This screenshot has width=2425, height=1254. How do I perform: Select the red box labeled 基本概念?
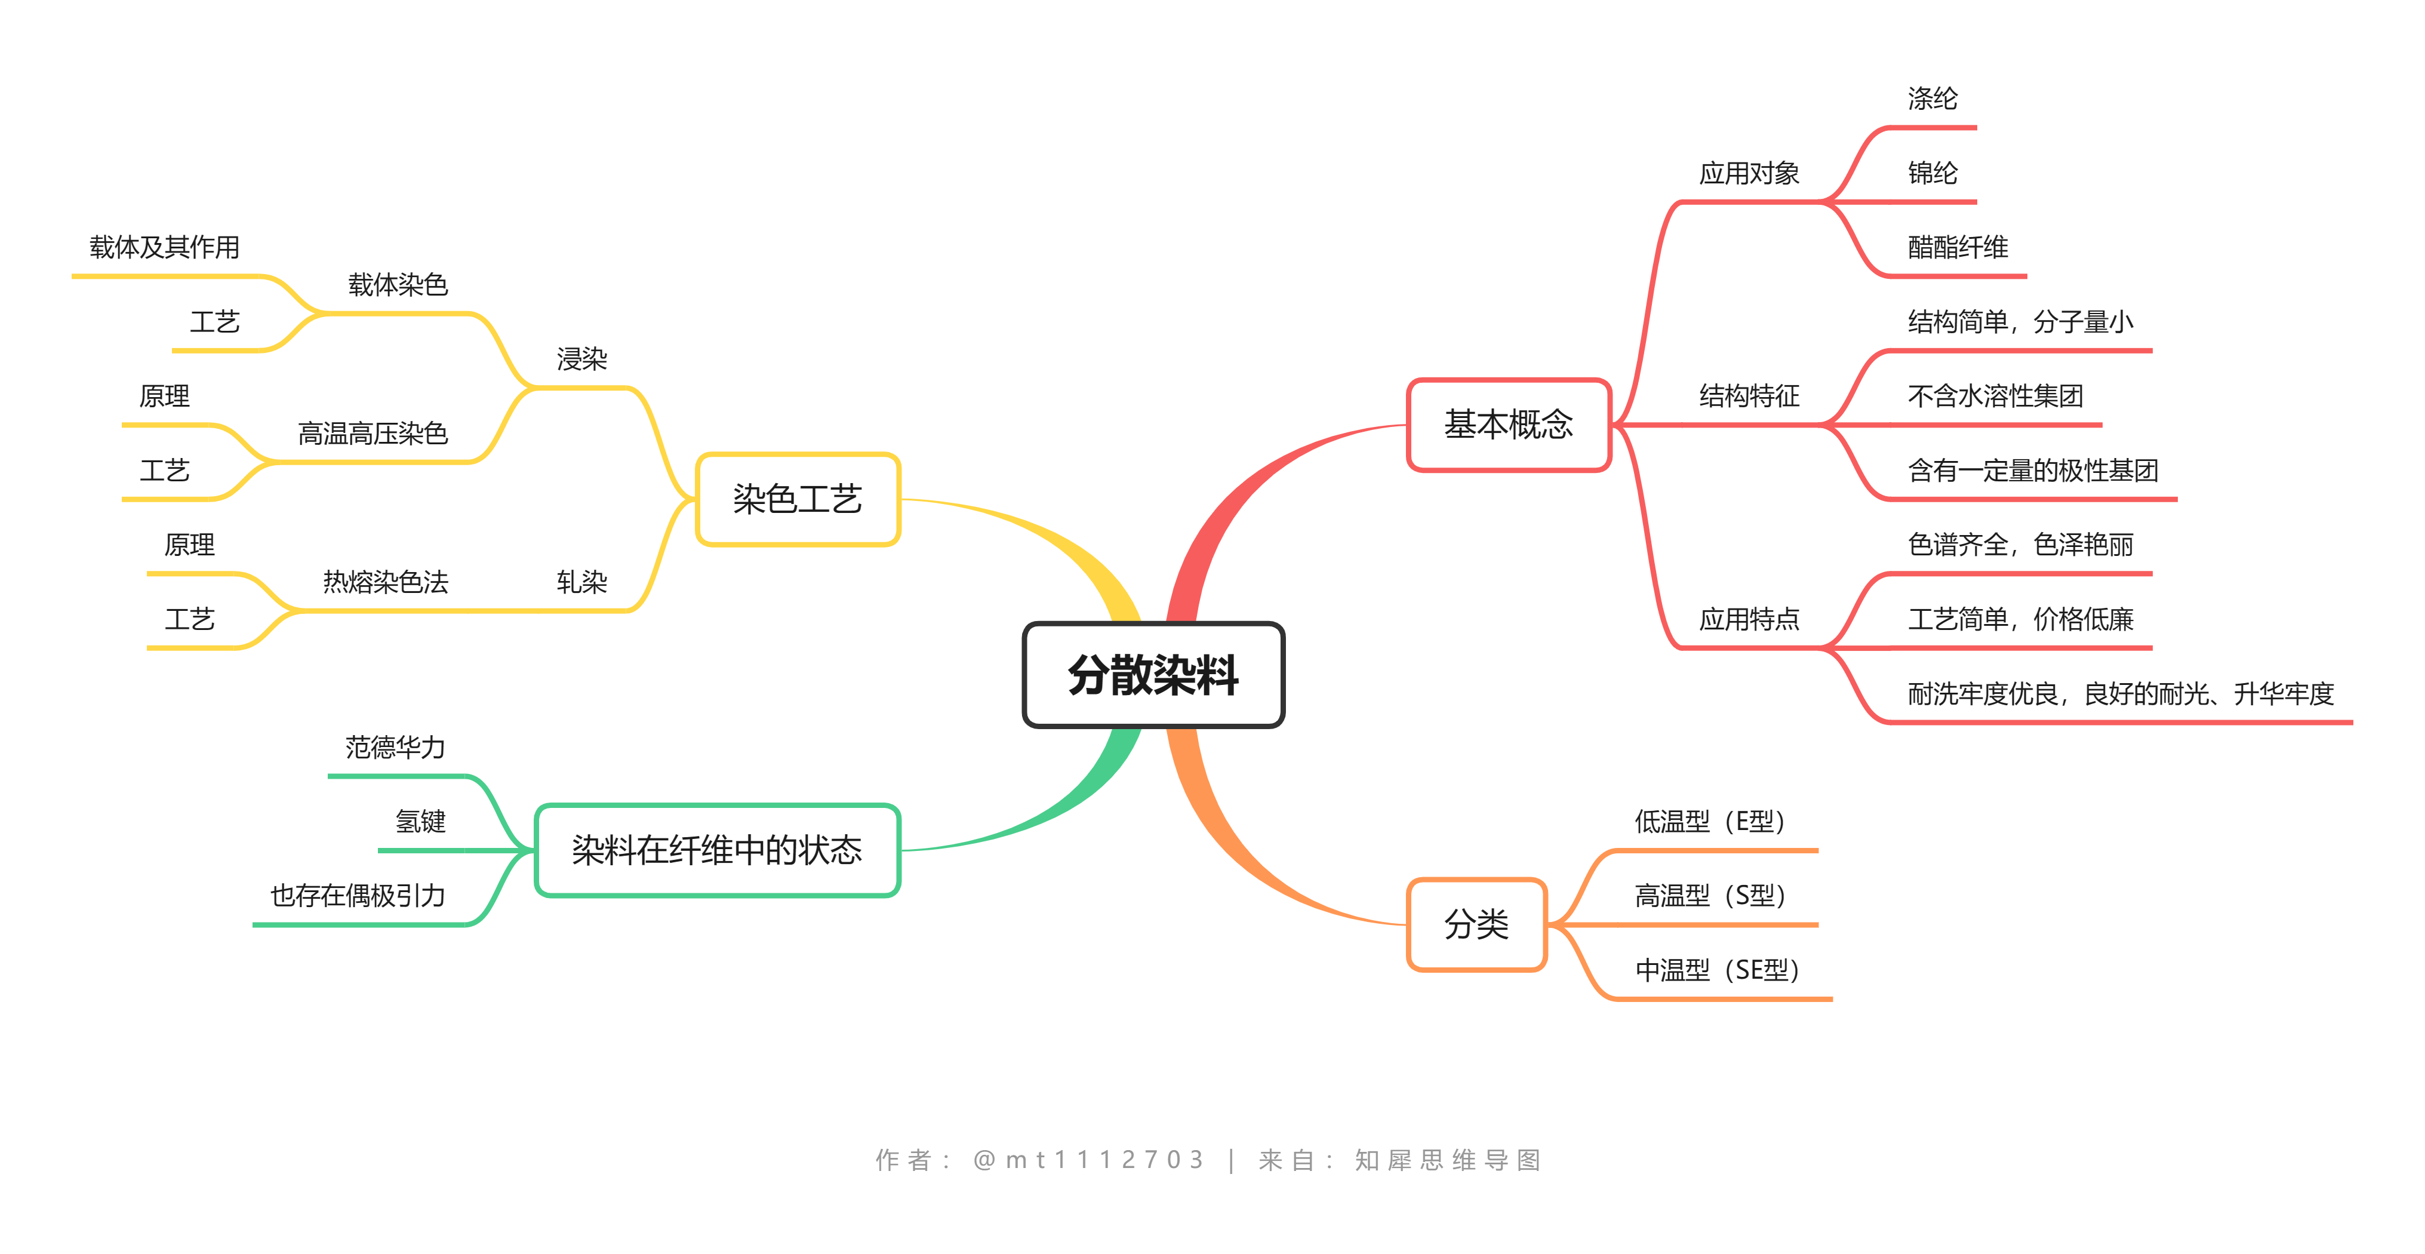coord(1508,425)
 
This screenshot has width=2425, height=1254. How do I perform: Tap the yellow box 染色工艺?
coord(798,499)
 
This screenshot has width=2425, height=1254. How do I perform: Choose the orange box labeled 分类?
coord(1476,924)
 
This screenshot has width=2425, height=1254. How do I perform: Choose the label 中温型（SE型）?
coord(1716,970)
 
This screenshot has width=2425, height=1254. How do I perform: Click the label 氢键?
coord(420,822)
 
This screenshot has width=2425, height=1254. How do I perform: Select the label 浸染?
coord(582,359)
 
